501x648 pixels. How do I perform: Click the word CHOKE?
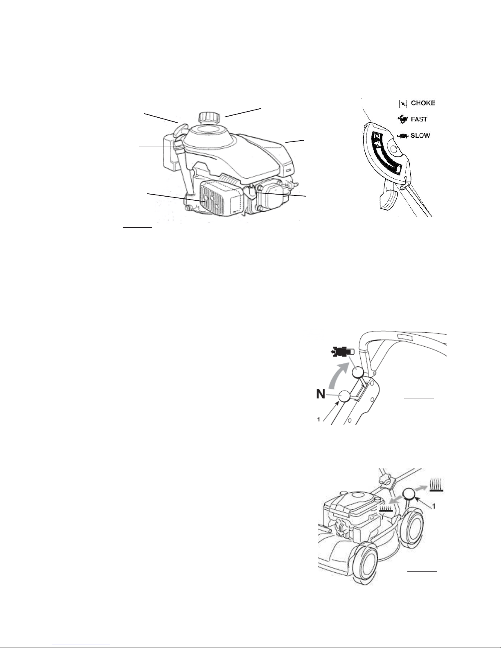423,103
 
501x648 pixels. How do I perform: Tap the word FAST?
419,119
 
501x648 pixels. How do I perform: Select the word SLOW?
420,136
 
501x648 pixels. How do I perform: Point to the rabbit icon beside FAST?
403,119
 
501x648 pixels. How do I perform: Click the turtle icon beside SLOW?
403,136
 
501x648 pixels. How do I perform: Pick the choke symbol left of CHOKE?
403,103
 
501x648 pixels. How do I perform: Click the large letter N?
321,394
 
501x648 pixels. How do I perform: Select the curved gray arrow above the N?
338,375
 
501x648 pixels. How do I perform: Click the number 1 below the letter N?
319,419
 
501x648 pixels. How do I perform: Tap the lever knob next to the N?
344,396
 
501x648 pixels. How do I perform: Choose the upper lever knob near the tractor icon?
357,372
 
